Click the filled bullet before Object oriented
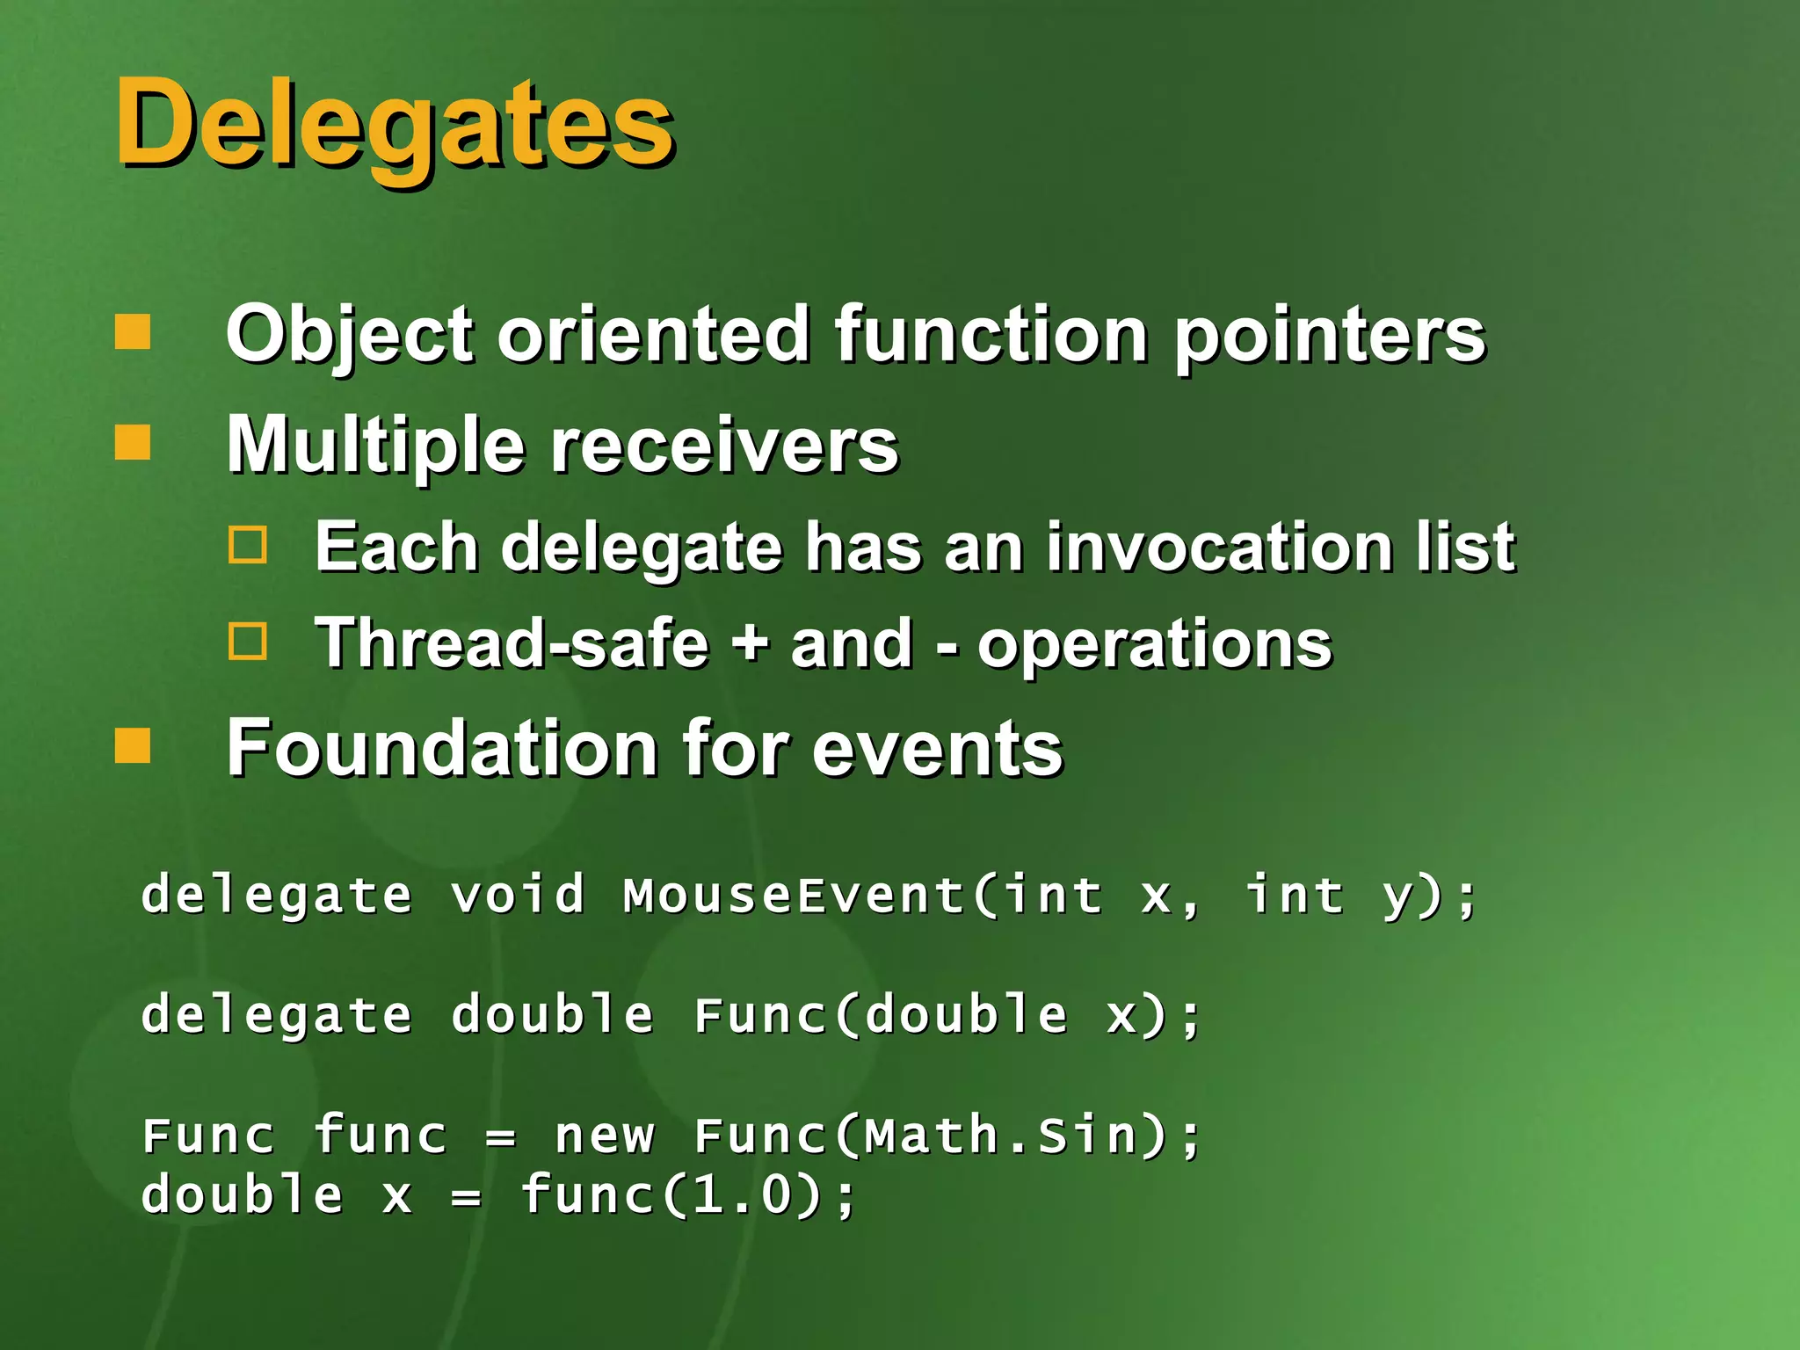[x=133, y=332]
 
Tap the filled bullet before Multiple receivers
[x=133, y=442]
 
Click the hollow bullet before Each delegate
[x=247, y=545]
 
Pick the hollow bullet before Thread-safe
[x=247, y=641]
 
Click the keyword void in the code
[x=518, y=896]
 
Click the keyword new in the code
[x=605, y=1136]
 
